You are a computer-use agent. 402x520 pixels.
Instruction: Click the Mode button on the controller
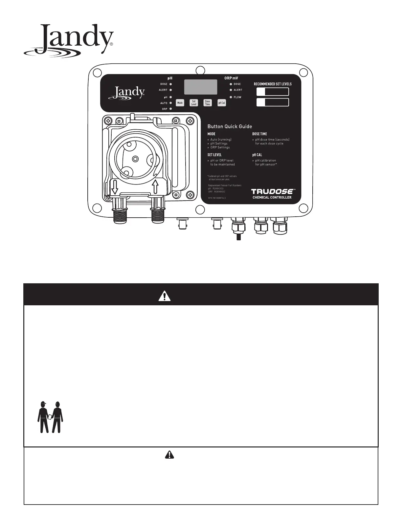coord(180,103)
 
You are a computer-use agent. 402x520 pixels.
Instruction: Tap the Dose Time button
coord(208,103)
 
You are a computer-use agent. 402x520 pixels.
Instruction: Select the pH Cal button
coord(222,103)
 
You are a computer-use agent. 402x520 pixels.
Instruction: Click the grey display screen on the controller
coord(201,87)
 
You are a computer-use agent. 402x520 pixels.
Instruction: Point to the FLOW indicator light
coord(231,97)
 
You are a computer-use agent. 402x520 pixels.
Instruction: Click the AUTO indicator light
coord(171,103)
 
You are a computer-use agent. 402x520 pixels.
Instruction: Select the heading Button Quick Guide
coord(230,126)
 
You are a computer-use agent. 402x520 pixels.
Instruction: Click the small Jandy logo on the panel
coord(126,92)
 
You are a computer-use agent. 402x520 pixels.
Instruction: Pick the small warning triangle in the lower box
coord(169,454)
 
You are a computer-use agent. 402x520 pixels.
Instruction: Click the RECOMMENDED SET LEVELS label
coord(273,84)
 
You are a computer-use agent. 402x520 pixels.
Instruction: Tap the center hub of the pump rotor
coord(135,159)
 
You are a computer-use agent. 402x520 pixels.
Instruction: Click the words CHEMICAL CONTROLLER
coord(272,198)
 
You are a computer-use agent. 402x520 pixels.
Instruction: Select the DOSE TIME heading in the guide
coord(259,134)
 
